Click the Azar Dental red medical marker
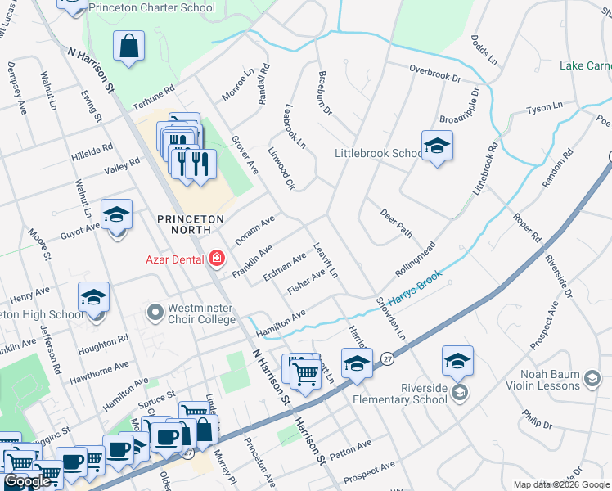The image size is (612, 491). click(216, 259)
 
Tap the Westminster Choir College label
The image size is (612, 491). click(201, 313)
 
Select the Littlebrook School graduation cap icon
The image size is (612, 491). click(437, 146)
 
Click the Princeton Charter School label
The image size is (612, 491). click(151, 8)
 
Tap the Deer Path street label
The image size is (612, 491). click(396, 223)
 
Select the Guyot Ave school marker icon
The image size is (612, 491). click(117, 214)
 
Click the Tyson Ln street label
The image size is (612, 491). click(545, 107)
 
